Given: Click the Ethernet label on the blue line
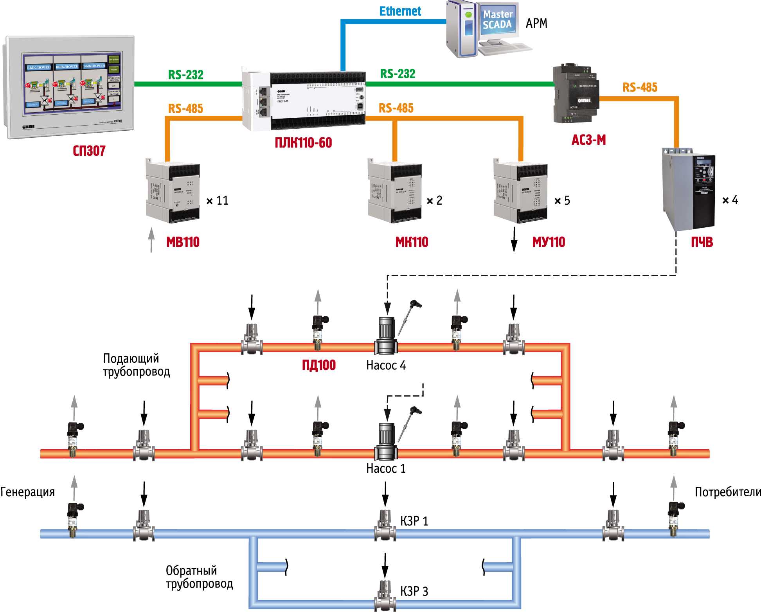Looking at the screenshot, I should (400, 11).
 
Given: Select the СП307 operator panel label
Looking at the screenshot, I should (89, 151).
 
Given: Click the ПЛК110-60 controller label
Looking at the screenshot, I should (303, 143).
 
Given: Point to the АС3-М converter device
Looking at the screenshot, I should (575, 94).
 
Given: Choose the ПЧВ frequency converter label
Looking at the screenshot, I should (702, 242).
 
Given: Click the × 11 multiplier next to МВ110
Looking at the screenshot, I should (218, 201).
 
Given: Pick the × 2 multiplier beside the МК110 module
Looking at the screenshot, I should (434, 201).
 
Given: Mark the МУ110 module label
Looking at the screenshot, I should (549, 242).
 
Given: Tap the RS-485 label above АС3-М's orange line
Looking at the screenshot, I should (640, 88).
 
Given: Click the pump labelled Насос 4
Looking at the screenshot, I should (386, 336).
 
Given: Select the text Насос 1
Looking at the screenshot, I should (386, 468).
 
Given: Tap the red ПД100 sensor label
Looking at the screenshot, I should (319, 365).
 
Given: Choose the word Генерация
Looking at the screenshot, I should (27, 492).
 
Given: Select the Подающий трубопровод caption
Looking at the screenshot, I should (136, 365).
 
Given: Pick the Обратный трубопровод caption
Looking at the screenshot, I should (199, 577).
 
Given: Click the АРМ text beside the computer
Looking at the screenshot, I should (536, 23).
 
